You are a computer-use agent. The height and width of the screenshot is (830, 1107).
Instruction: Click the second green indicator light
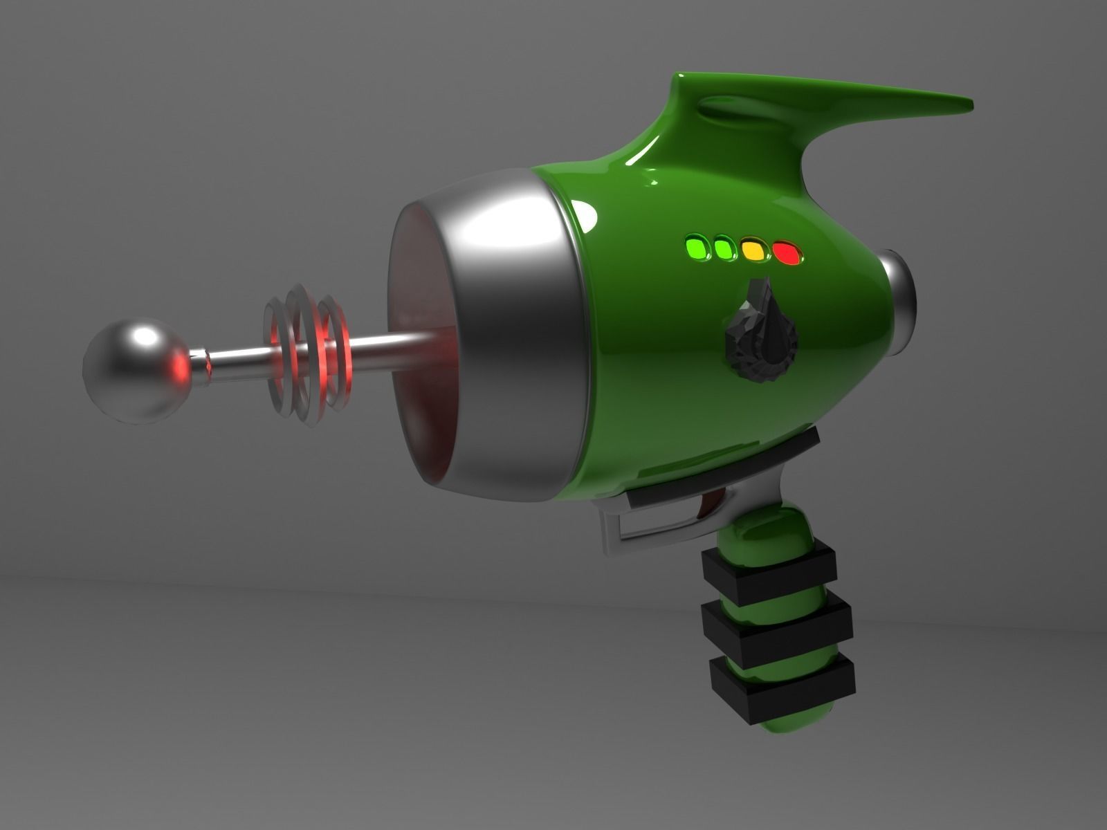pyautogui.click(x=724, y=248)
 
